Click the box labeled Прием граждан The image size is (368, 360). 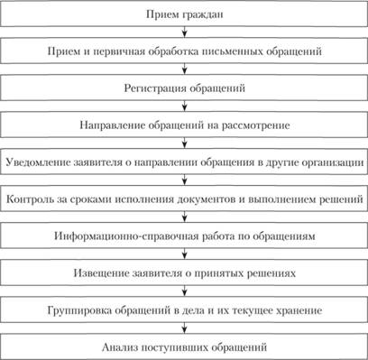[x=184, y=14]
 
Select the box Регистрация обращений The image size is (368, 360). [x=184, y=88]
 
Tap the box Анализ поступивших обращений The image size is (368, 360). [x=184, y=347]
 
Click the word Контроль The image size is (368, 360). [x=30, y=199]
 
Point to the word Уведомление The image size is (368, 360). [x=38, y=162]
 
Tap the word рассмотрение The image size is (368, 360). [x=256, y=125]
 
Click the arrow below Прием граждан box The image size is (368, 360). [x=185, y=32]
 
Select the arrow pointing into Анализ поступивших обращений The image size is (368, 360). [x=185, y=328]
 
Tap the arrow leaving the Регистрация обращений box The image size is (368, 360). [x=185, y=106]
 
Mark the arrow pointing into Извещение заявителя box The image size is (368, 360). [x=185, y=254]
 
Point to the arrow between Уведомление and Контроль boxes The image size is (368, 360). [x=185, y=180]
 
